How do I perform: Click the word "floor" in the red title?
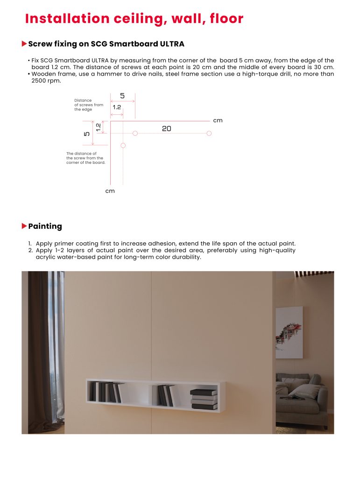(x=224, y=19)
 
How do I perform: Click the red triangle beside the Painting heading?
(x=24, y=226)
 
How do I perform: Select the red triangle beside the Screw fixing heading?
(x=24, y=44)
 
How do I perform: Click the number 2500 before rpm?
(x=39, y=81)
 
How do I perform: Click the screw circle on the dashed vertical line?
(x=123, y=146)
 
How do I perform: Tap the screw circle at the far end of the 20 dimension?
(x=209, y=134)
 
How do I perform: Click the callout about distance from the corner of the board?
(x=85, y=158)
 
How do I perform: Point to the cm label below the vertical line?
(x=110, y=191)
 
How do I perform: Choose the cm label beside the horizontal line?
(x=218, y=120)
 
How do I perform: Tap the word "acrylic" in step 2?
(x=47, y=257)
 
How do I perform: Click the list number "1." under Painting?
(x=29, y=244)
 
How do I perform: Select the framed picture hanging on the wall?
(x=289, y=332)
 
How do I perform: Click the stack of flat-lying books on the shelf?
(x=204, y=399)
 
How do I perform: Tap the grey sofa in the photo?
(x=301, y=401)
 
